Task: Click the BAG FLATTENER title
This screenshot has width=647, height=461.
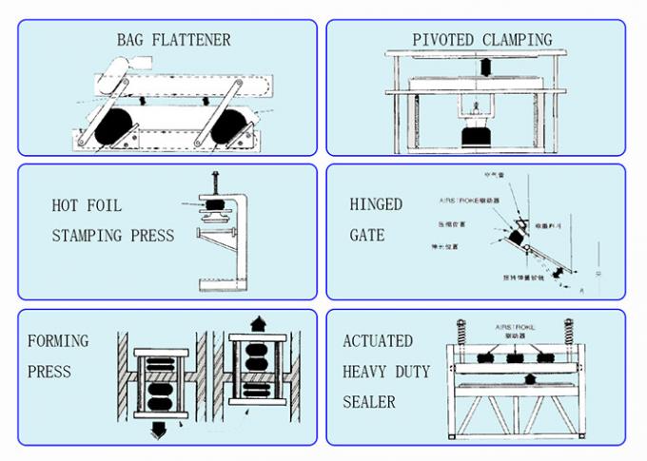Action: (173, 40)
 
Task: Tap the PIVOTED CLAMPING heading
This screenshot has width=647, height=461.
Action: (481, 40)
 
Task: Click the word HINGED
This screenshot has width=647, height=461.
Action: (376, 204)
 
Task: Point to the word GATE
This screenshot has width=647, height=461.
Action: (367, 235)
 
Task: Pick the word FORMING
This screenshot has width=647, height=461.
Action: (58, 340)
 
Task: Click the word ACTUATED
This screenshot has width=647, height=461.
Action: (378, 340)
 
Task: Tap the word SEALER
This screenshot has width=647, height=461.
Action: (369, 402)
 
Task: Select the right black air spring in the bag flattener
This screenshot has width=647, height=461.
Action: (234, 125)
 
